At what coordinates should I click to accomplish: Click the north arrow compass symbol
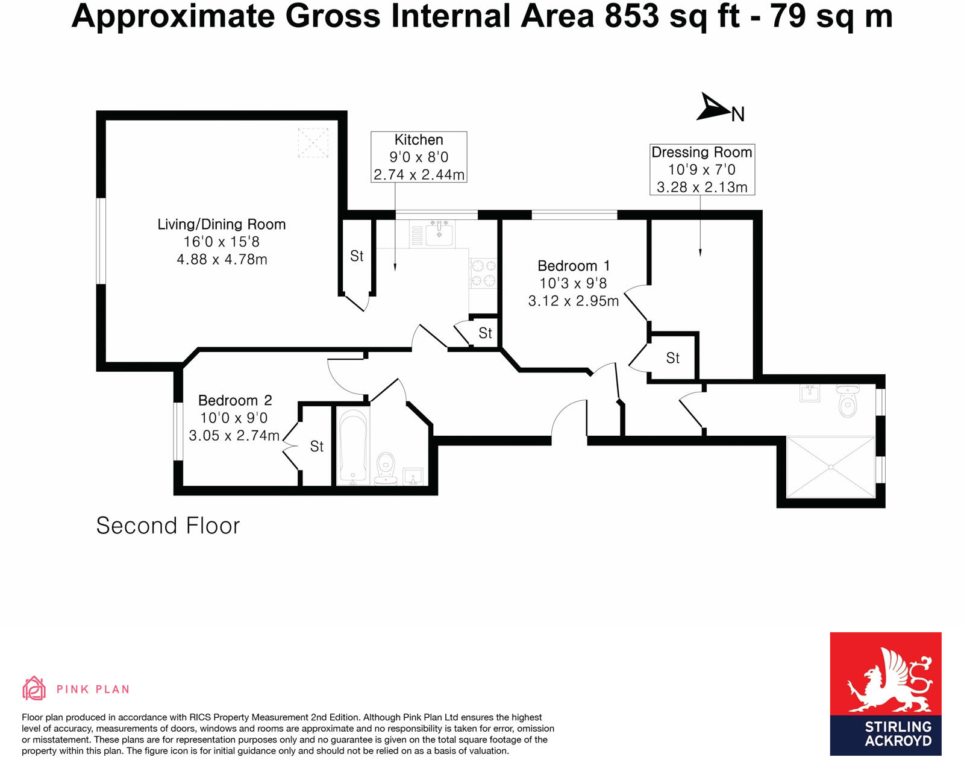pos(715,108)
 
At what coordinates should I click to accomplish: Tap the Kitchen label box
pos(419,157)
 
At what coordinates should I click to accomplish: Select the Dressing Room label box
pos(702,169)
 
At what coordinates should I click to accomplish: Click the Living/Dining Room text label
pos(222,225)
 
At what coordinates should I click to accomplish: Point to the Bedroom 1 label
pos(574,266)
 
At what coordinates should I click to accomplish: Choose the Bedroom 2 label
pos(235,401)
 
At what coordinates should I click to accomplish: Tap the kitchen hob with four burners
pos(483,273)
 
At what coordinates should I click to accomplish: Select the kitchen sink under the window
pos(439,233)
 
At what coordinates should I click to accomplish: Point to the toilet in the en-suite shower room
pos(848,401)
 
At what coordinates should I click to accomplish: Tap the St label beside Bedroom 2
pos(317,447)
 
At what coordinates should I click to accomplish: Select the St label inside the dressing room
pos(673,359)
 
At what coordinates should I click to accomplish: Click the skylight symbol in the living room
pos(313,142)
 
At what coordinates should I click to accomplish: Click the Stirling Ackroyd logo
pos(885,693)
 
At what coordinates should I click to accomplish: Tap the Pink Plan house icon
pos(34,688)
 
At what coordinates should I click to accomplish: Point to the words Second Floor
pos(168,526)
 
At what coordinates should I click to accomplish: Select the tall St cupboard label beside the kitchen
pos(357,257)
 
